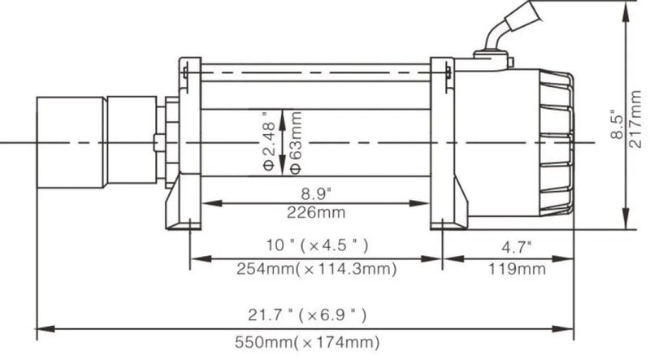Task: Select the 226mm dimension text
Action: tap(314, 213)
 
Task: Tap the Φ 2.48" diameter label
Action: tap(269, 143)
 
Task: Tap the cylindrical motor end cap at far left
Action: tap(70, 143)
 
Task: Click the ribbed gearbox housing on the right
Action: tap(552, 142)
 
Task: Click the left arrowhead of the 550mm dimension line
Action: tap(42, 328)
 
